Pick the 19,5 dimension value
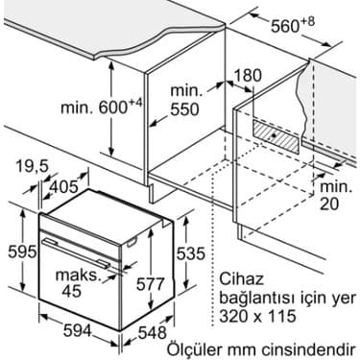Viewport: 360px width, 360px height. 31,165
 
